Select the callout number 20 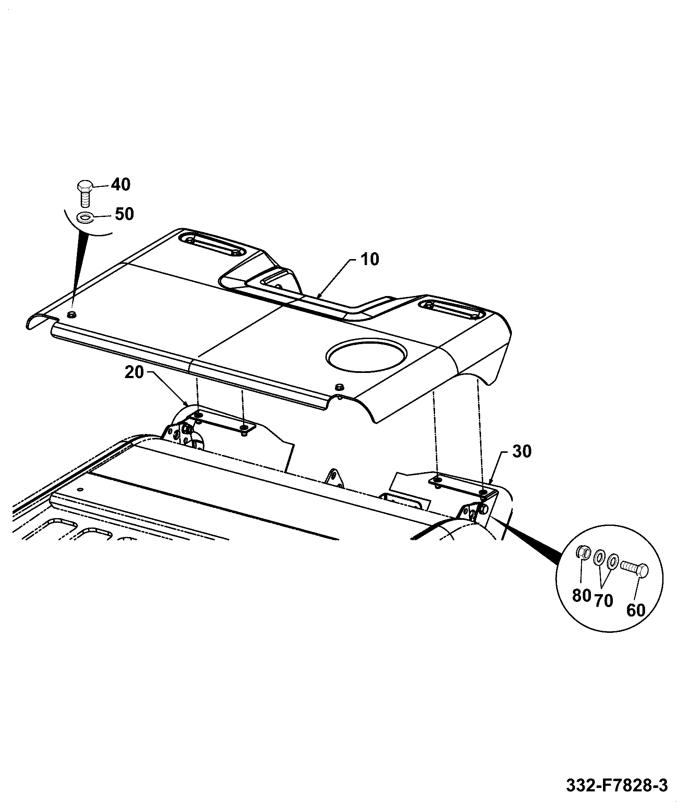point(134,372)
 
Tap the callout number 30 point(522,452)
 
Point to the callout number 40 point(120,185)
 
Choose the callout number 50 point(124,214)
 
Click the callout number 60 point(636,610)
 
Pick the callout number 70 point(603,600)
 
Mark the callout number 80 point(582,595)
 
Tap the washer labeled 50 point(85,217)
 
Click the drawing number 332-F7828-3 point(617,786)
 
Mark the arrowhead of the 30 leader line point(490,484)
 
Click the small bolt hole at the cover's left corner point(71,315)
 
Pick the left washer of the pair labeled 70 point(597,560)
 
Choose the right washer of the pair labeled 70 point(613,561)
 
